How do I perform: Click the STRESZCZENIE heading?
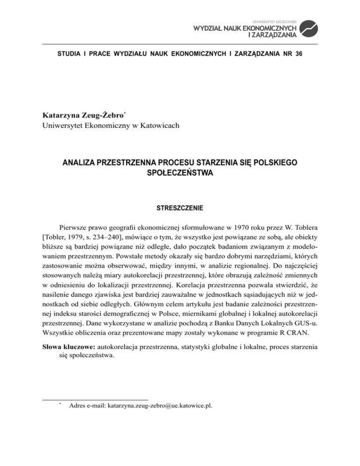(x=180, y=205)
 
